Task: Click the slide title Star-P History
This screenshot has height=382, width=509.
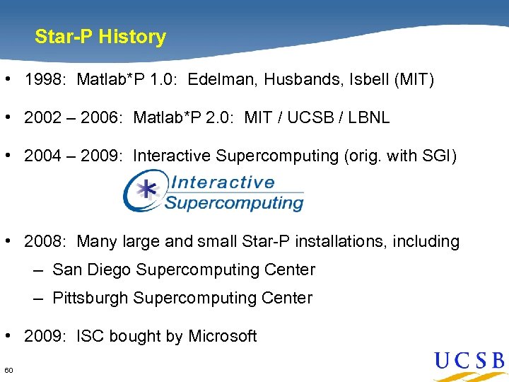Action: (x=100, y=37)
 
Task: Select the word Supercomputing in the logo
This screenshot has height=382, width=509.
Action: (x=234, y=203)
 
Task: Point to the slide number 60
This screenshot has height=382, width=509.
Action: (x=8, y=371)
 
